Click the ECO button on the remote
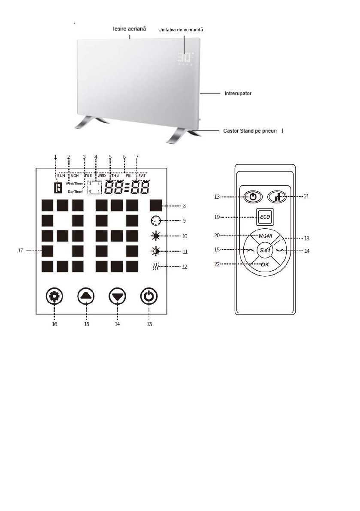265,217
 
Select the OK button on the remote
265,265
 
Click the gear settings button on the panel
54,297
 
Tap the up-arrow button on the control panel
86,297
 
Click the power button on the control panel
149,297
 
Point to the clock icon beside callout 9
155,221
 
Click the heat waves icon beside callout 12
155,266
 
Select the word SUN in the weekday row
61,175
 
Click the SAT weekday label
142,175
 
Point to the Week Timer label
74,184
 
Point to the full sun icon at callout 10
155,236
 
